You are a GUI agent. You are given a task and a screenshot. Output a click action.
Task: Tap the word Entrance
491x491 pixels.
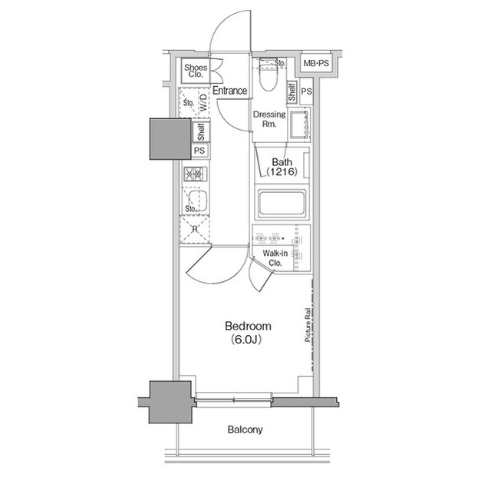229,91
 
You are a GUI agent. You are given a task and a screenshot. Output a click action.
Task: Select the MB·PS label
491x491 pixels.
316,65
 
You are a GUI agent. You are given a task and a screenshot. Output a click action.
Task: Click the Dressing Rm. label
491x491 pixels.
269,119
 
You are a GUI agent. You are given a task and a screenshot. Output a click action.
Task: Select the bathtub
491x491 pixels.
281,204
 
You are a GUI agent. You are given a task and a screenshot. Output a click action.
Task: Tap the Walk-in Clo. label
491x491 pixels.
274,258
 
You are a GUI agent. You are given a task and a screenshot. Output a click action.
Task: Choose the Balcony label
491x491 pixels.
245,430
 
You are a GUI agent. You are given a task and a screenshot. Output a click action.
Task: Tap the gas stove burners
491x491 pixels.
192,175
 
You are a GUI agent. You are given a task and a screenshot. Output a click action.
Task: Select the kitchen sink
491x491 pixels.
193,202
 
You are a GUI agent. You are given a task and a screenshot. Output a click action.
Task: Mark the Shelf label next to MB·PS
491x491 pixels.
292,93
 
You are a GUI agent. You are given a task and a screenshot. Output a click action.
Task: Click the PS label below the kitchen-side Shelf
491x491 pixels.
199,151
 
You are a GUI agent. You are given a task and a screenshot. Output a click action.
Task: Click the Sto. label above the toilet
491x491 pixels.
279,63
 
